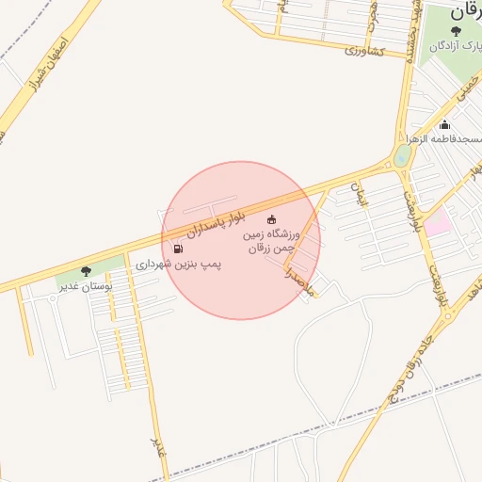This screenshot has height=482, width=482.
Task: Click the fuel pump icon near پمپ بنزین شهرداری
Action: (x=178, y=249)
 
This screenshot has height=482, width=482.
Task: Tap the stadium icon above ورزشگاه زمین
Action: (x=273, y=219)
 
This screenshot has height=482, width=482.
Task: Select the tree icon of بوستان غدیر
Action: (x=87, y=271)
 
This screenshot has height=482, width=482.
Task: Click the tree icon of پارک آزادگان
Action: (x=457, y=31)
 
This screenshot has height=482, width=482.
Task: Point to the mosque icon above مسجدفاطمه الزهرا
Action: (x=444, y=125)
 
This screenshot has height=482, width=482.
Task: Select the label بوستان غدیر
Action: (x=85, y=284)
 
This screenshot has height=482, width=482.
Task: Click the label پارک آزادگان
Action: (x=456, y=45)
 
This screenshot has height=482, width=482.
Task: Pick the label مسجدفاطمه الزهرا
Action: (x=443, y=138)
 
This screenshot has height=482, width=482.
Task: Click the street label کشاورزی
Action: (x=362, y=50)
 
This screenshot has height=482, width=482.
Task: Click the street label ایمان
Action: (x=357, y=193)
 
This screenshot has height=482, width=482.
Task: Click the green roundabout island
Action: (x=402, y=155)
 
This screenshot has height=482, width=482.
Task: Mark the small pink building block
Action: (x=436, y=223)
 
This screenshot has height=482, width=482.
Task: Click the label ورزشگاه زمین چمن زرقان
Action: (x=272, y=240)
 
